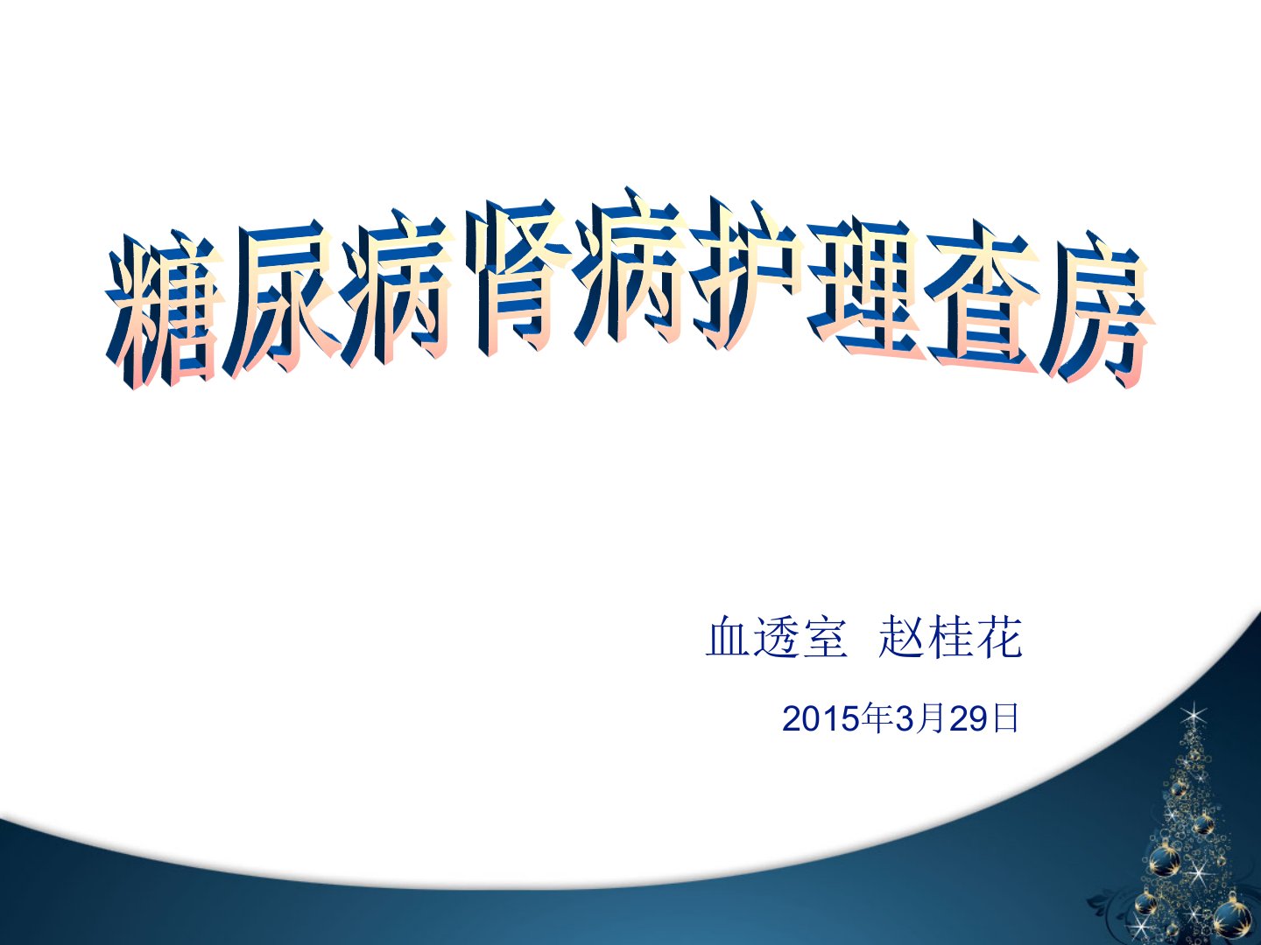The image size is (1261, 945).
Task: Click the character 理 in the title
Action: [863, 287]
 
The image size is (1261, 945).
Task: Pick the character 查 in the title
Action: [983, 301]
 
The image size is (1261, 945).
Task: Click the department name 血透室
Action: [777, 636]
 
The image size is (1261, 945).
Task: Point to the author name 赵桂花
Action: [950, 636]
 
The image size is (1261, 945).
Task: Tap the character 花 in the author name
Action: [998, 636]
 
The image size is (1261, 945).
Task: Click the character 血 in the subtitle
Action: [729, 637]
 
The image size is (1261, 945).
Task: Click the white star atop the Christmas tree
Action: [1194, 716]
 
